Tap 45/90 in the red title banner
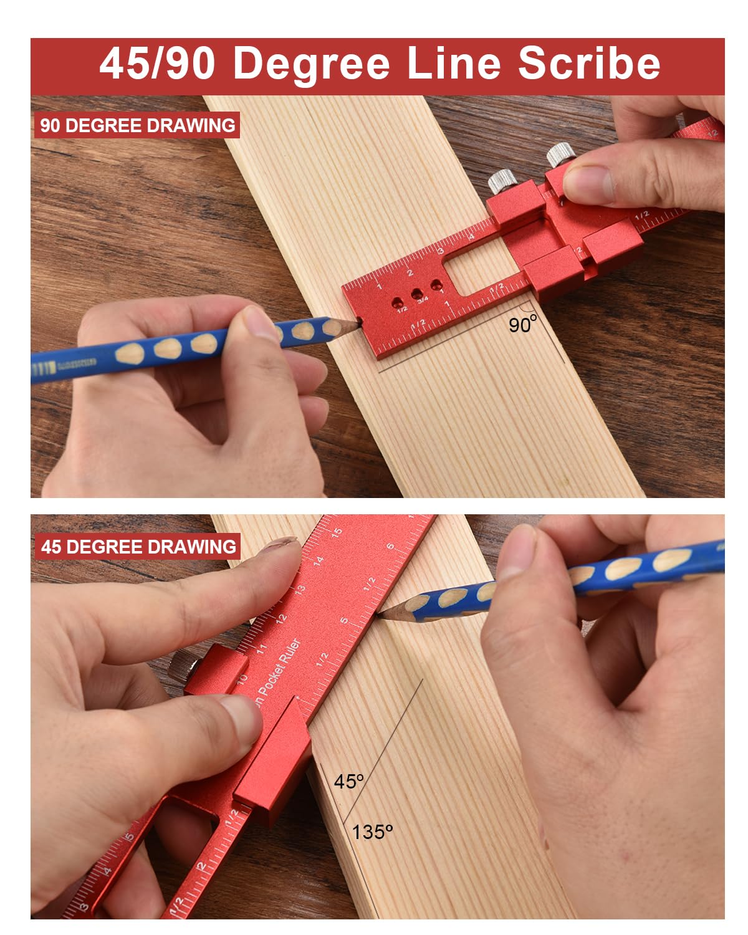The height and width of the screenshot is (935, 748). pos(157,64)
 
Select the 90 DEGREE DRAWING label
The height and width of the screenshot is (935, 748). pos(137,125)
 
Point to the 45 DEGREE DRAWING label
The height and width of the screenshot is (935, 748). pos(138,547)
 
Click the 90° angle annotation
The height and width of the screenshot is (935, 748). pos(522,325)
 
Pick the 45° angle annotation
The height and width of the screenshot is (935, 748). pos(348,781)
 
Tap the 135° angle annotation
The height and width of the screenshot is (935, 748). pos(372,832)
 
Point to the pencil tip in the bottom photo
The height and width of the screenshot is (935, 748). pos(378,616)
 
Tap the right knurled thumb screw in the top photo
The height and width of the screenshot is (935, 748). pos(560,153)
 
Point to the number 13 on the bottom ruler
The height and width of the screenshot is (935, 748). pos(299,590)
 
